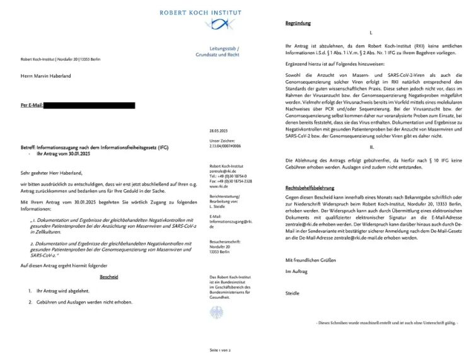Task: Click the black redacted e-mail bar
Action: click(89, 105)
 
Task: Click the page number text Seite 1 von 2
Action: click(220, 349)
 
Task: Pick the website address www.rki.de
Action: click(219, 187)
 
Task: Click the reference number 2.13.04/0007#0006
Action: click(225, 144)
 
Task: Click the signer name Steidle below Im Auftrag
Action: click(293, 293)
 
